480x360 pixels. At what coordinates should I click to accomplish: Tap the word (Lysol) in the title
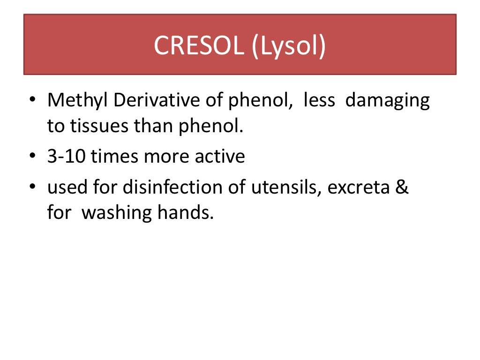(288, 46)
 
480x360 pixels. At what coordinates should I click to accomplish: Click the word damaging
(387, 101)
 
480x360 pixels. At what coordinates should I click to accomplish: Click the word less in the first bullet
(319, 101)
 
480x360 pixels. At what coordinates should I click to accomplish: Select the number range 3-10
(67, 157)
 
